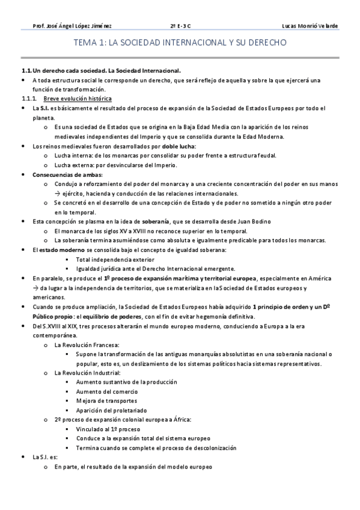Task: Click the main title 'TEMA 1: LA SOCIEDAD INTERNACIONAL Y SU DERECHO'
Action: coord(180,44)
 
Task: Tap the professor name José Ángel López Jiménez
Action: coord(72,26)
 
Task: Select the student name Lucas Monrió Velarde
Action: coord(309,26)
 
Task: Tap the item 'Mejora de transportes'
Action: coord(106,401)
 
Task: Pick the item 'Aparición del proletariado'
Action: coord(114,411)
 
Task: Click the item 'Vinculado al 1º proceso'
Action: coord(108,429)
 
